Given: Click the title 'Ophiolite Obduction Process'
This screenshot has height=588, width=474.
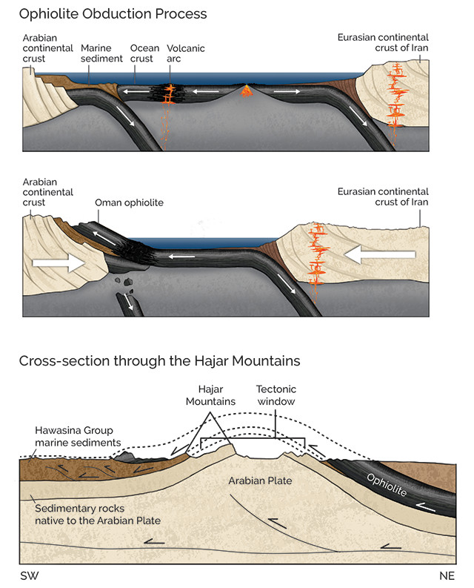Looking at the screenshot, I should tap(113, 13).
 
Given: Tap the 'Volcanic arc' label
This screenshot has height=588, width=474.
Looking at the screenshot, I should tap(186, 53).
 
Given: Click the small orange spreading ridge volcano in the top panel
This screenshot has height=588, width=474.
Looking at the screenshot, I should tap(247, 93).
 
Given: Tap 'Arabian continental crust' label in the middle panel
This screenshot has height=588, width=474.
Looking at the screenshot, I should tap(47, 191).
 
